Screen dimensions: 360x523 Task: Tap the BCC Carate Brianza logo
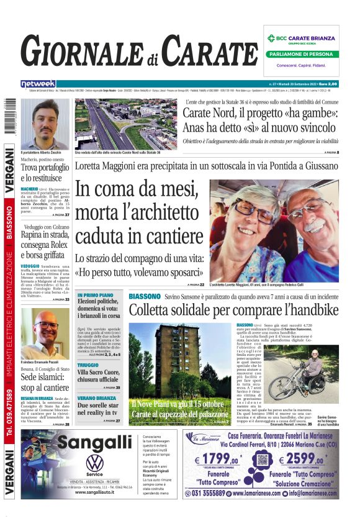(304, 38)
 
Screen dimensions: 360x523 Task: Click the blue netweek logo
(38, 84)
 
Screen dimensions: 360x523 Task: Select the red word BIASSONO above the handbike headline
(145, 297)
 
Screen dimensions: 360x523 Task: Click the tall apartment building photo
(181, 373)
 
